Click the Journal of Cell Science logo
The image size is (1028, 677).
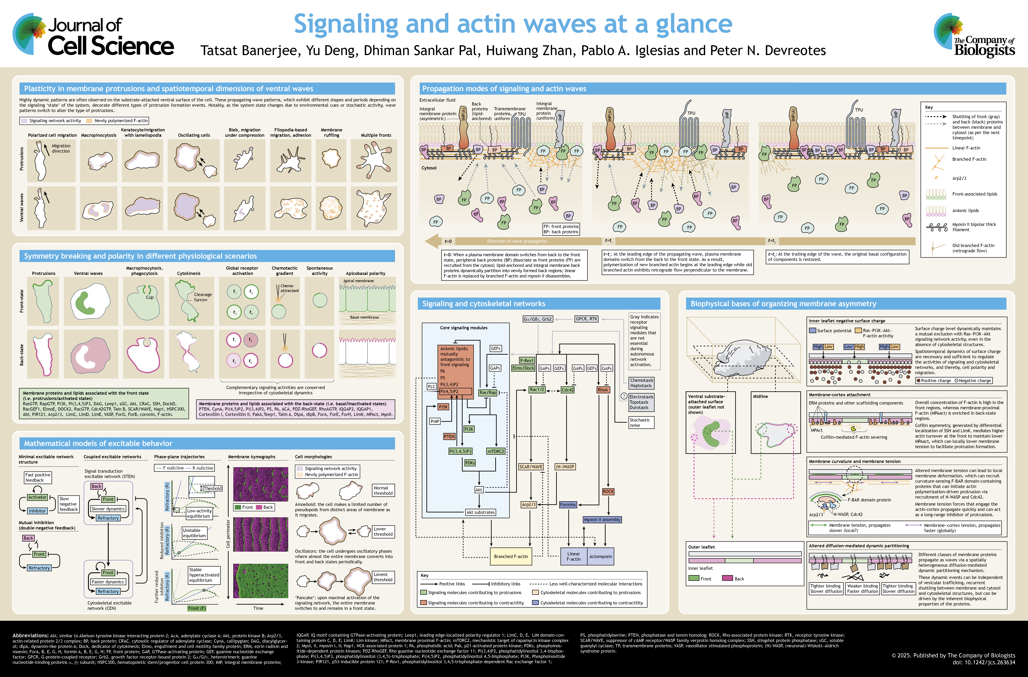[x=93, y=35]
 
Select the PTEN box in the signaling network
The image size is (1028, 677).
[x=449, y=436]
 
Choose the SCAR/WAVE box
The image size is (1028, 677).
[x=531, y=467]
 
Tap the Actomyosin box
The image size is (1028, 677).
[x=600, y=556]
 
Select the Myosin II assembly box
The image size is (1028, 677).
[x=602, y=520]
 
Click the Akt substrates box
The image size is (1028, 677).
[x=480, y=512]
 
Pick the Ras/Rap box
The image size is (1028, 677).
[x=488, y=393]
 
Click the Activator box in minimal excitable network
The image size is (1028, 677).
[x=38, y=497]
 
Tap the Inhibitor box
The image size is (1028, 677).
[x=38, y=511]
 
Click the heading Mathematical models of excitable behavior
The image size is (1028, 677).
[x=98, y=443]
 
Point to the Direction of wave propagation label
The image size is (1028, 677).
[x=517, y=241]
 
